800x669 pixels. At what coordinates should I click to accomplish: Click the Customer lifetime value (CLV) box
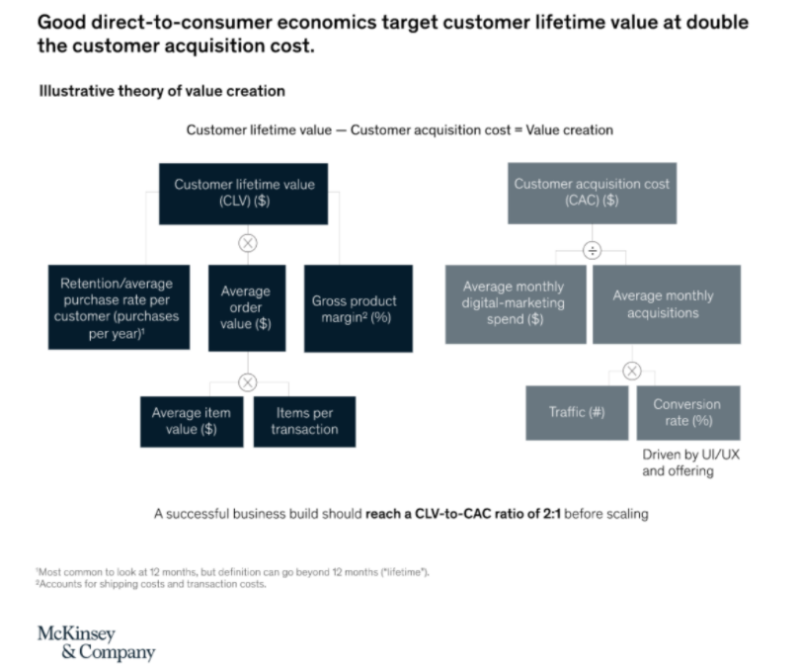(243, 194)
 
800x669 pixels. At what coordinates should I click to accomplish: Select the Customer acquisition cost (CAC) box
(592, 194)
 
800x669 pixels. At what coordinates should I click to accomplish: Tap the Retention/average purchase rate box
(119, 307)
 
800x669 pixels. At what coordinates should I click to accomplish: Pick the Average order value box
(247, 307)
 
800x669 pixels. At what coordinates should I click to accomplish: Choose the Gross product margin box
(359, 308)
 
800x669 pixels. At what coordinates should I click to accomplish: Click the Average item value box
(192, 422)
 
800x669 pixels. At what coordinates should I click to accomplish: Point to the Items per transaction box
(304, 422)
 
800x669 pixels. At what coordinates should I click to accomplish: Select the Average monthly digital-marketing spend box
(516, 304)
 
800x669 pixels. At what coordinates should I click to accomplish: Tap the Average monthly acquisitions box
(667, 304)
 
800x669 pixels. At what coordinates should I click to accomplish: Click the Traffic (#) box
(577, 413)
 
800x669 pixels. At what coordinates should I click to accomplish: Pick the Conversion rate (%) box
(688, 413)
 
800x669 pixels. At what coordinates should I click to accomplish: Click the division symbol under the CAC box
(592, 251)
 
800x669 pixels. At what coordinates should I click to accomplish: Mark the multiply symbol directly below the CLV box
(248, 243)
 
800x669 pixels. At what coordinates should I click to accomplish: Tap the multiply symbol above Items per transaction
(248, 382)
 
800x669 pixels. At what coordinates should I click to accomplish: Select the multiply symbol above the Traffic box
(632, 371)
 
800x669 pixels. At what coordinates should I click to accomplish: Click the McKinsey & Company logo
(97, 643)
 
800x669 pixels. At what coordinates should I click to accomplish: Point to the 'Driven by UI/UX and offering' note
(690, 462)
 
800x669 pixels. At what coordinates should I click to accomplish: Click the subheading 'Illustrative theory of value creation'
(162, 91)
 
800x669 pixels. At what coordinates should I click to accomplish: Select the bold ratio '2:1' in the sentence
(551, 513)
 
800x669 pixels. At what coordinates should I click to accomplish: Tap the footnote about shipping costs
(151, 584)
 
